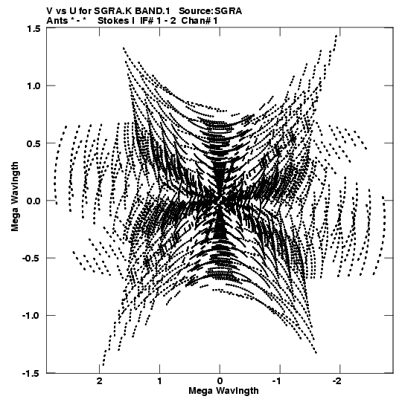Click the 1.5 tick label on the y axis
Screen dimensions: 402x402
(34, 28)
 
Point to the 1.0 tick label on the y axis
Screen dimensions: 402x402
(34, 85)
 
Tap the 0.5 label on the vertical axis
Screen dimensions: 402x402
(34, 143)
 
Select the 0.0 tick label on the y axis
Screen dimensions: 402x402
(34, 201)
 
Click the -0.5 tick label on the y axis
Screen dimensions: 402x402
(32, 258)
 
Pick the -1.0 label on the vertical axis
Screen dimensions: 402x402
(32, 315)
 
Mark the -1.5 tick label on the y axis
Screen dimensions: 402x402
(32, 373)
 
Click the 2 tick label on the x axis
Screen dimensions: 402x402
(100, 381)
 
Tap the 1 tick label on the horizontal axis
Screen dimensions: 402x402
(159, 381)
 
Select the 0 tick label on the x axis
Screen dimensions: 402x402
(220, 381)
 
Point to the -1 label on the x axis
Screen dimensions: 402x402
(278, 381)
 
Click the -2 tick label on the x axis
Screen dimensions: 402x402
(338, 381)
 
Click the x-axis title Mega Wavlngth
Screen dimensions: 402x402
(223, 391)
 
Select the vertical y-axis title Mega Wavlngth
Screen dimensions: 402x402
(15, 197)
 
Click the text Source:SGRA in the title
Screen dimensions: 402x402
(210, 11)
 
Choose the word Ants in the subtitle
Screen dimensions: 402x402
(57, 21)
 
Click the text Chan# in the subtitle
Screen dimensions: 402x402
(196, 21)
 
